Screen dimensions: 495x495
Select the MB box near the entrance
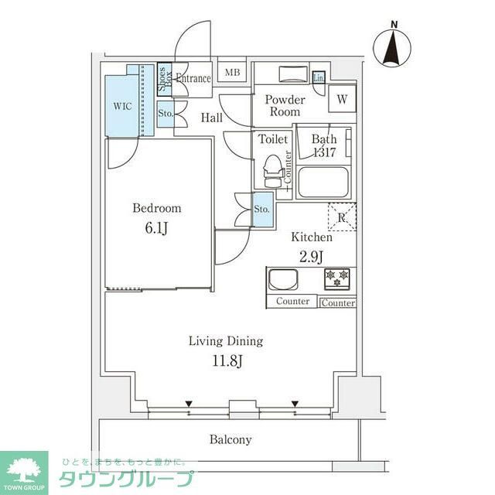[232, 73]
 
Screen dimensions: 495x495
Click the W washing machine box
[341, 98]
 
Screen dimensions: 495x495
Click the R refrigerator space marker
[342, 217]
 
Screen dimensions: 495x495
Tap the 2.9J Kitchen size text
[312, 255]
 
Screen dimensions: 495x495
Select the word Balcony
[230, 439]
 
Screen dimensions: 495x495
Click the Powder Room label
[285, 106]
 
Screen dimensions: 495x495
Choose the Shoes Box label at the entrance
[165, 79]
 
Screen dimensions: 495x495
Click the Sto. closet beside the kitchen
[262, 209]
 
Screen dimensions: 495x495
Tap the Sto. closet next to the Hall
[166, 114]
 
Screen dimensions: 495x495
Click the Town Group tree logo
[24, 469]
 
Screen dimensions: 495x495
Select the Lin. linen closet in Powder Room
[319, 77]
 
